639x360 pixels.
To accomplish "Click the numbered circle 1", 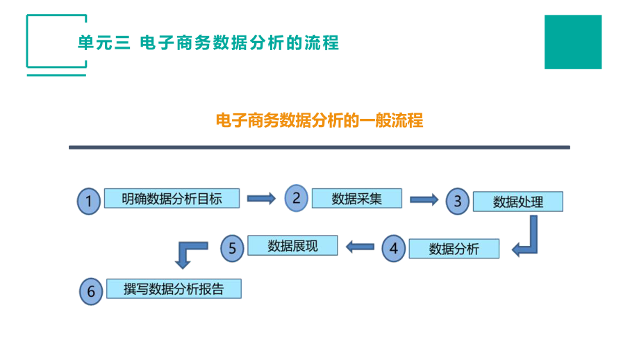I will coord(88,202).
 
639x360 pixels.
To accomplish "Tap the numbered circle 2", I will coord(296,198).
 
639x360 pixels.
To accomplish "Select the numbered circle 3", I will coord(458,202).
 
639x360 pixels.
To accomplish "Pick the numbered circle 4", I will coord(394,248).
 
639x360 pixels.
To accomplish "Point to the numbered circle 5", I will coord(232,247).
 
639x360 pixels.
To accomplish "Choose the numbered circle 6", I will coord(90,291).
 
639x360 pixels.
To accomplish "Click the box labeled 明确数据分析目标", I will coord(172,198).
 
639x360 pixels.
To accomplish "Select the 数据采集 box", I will coord(356,198).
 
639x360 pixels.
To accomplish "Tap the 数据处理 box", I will coord(517,202).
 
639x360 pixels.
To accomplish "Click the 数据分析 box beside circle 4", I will coord(454,249).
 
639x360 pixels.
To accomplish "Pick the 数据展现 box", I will coord(292,245).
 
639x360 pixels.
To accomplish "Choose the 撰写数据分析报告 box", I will coord(174,289).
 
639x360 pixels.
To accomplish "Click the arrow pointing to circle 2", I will coord(262,199).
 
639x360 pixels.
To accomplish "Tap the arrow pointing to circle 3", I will coord(424,199).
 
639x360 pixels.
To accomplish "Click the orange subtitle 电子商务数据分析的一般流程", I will coord(319,120).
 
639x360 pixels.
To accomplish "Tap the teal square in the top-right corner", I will coord(572,42).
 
